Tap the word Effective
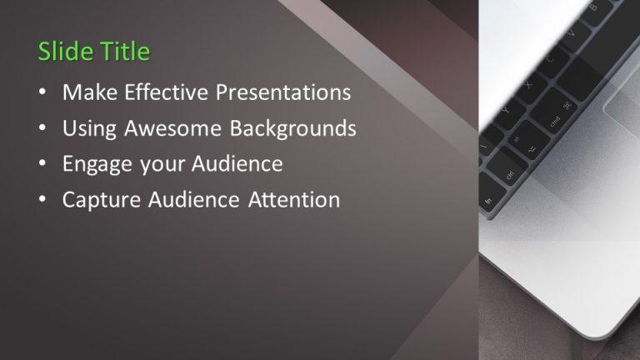pyautogui.click(x=166, y=92)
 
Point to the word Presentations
pyautogui.click(x=284, y=92)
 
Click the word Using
pyautogui.click(x=87, y=128)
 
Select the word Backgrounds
pyautogui.click(x=287, y=128)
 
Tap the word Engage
pyautogui.click(x=93, y=164)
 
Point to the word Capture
pyautogui.click(x=97, y=200)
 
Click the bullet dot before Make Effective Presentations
pyautogui.click(x=42, y=93)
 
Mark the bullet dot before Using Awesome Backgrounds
pyautogui.click(x=42, y=129)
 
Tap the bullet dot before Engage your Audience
pyautogui.click(x=42, y=165)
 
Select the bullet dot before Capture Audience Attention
pyautogui.click(x=42, y=201)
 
